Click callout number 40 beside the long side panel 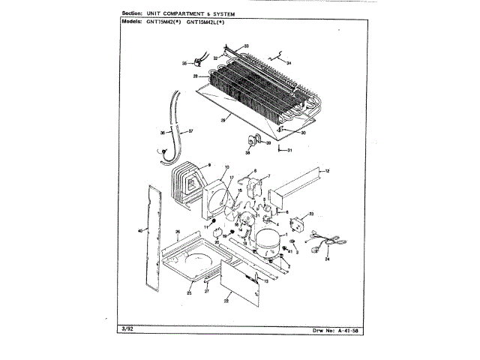[139, 230]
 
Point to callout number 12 [327, 172]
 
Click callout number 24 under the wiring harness [327, 259]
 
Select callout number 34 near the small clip [289, 63]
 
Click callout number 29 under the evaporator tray [223, 119]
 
